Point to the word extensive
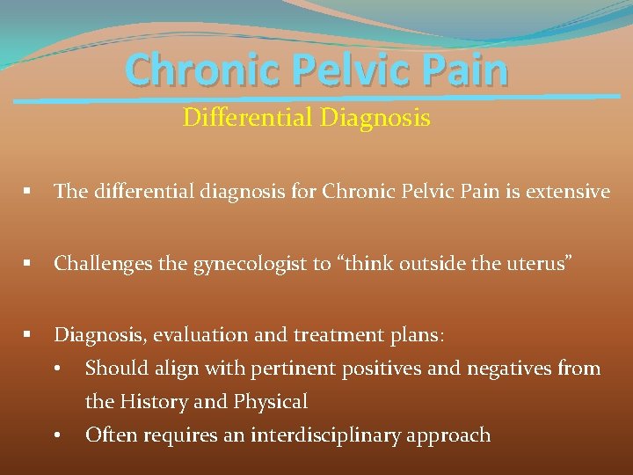[568, 191]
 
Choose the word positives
[361, 369]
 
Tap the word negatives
[476, 369]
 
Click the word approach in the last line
[447, 435]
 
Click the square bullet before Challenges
[29, 263]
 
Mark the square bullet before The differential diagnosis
[29, 191]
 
